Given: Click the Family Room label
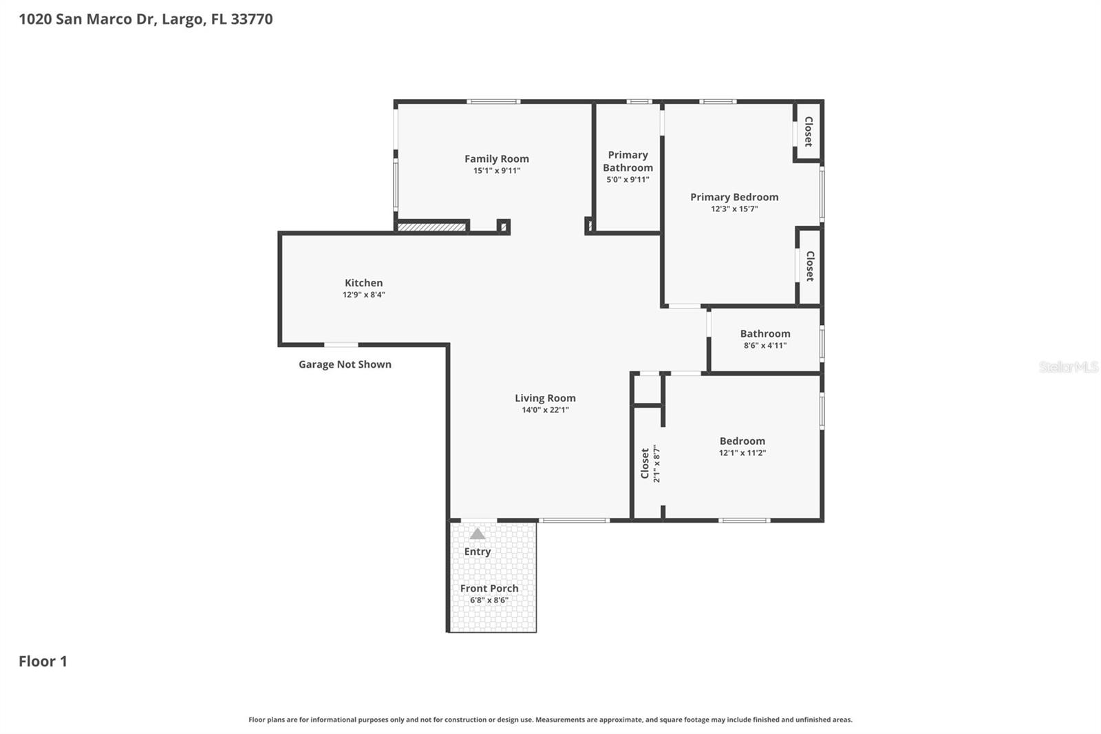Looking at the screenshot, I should coord(496,158).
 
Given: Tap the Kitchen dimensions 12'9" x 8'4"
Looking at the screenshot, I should coord(363,295).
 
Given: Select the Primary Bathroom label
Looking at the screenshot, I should coord(628,161).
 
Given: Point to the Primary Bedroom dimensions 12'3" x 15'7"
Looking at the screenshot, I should coord(734,209).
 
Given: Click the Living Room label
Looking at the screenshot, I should coord(545,398).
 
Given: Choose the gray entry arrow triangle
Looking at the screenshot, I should coord(478,534).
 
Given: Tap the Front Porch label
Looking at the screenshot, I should coord(489,588).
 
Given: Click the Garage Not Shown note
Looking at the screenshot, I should coord(345,364).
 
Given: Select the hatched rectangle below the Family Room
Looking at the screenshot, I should coord(432,227).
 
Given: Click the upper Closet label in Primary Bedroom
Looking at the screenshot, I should coord(809,132).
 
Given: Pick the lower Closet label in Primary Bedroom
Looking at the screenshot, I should coord(810,266).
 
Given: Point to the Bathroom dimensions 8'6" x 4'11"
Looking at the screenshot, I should coord(765,346).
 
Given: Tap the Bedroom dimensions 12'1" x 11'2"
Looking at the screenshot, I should coord(742,453).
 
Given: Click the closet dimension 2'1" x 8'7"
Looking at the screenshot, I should coord(656,463).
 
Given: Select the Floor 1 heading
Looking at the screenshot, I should coord(43,661).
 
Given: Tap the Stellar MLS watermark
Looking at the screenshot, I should coord(1068,367).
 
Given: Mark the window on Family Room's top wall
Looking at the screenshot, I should coord(493,102).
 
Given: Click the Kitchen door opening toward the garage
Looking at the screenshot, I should coord(341,344).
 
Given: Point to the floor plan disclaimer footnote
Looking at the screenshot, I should coord(550,720).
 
